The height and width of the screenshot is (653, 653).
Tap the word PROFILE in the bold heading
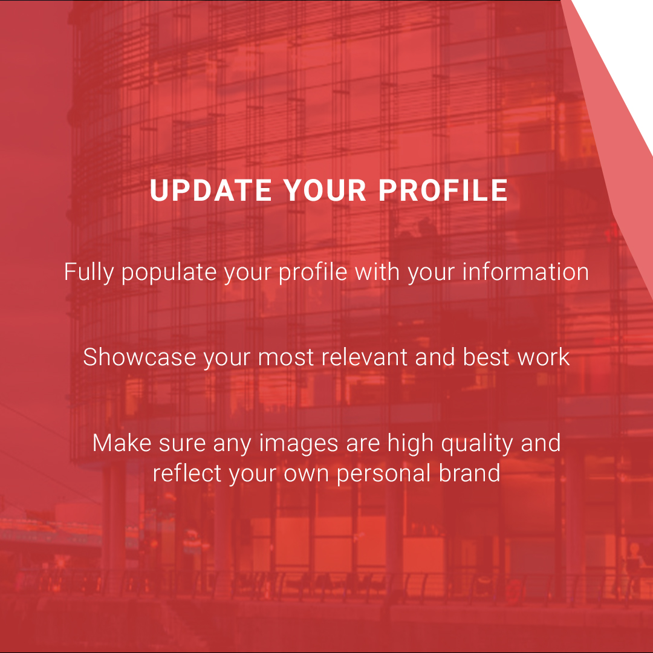[443, 190]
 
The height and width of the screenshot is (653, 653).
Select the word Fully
[89, 272]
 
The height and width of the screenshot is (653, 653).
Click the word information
[525, 272]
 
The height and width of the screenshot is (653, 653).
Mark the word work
[544, 357]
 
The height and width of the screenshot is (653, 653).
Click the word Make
[120, 443]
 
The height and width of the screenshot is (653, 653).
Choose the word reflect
[187, 472]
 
